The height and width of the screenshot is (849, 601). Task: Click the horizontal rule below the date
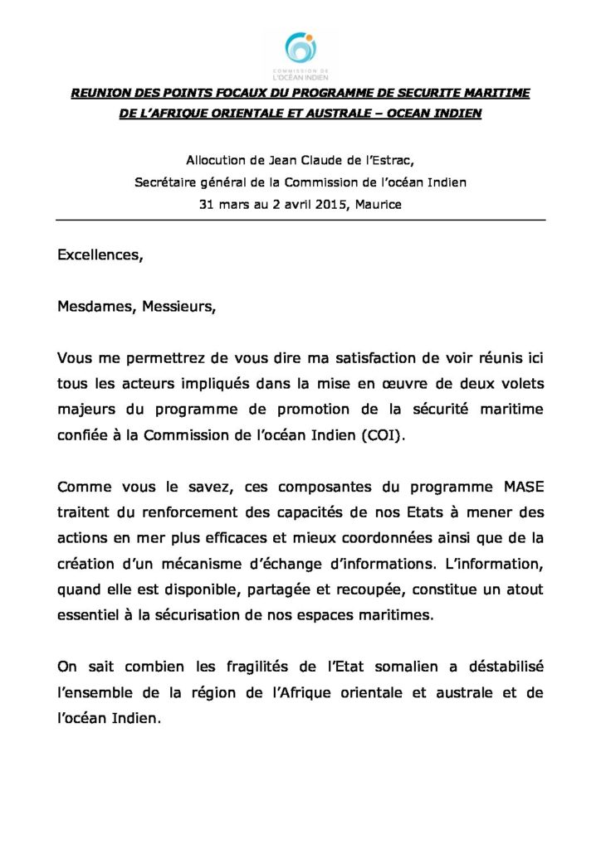tap(300, 220)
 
